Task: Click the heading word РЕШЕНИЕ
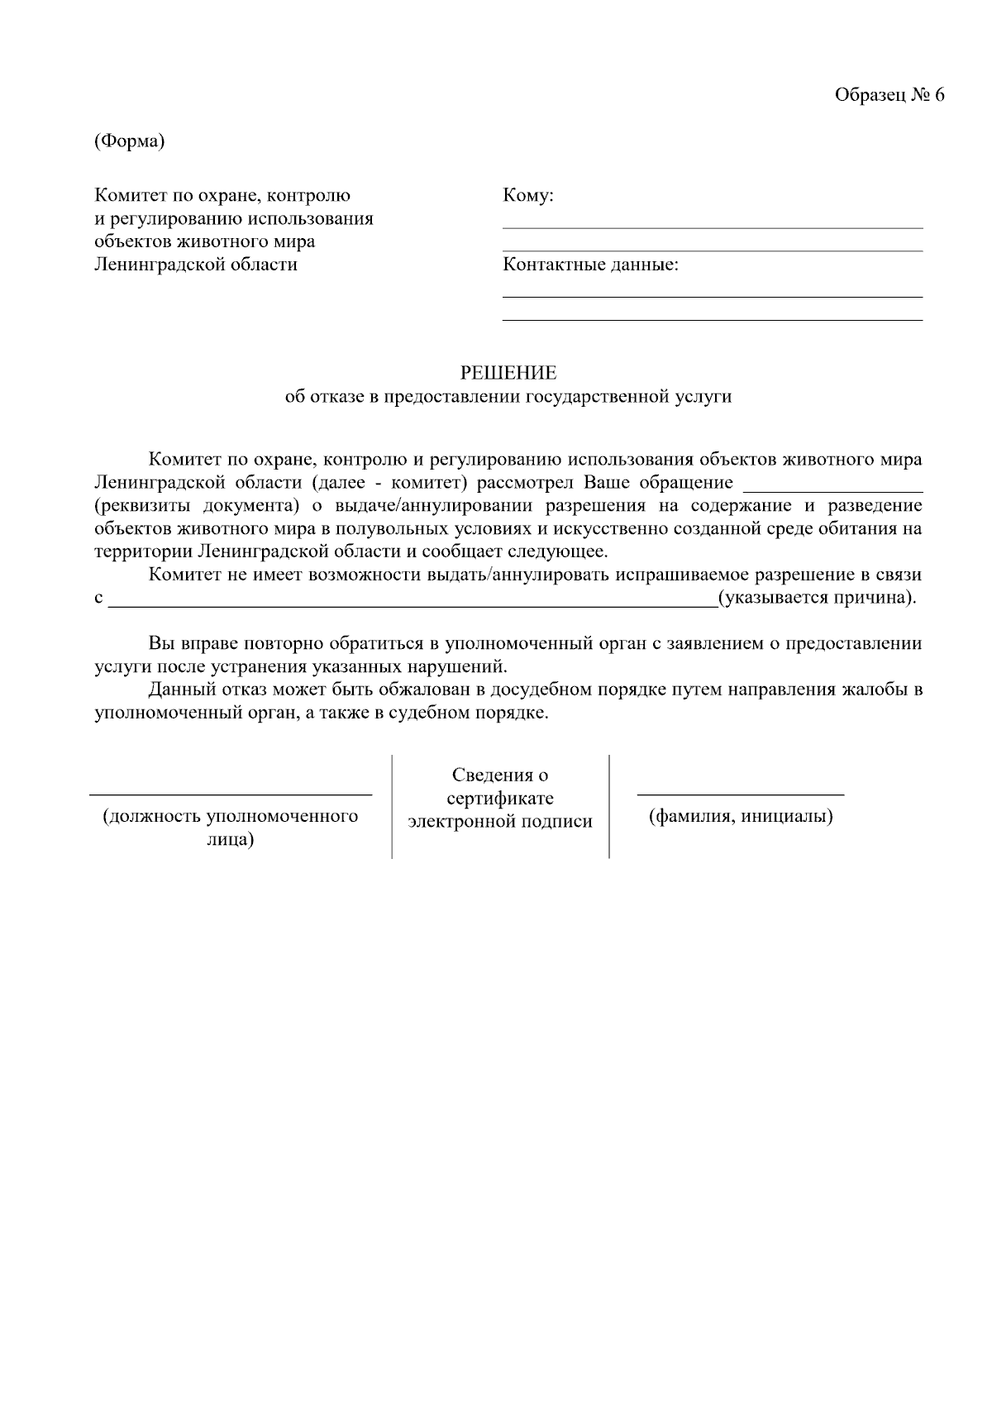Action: (508, 374)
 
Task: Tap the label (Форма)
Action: (130, 141)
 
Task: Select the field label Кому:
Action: (527, 196)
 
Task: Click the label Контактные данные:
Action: (590, 265)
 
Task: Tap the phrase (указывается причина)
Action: (817, 598)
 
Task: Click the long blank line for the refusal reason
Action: (413, 606)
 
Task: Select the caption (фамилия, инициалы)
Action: (740, 817)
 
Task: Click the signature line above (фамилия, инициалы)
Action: (740, 795)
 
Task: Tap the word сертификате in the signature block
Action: (500, 799)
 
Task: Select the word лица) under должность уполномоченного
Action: (230, 840)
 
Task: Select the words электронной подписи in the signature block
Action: (500, 822)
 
